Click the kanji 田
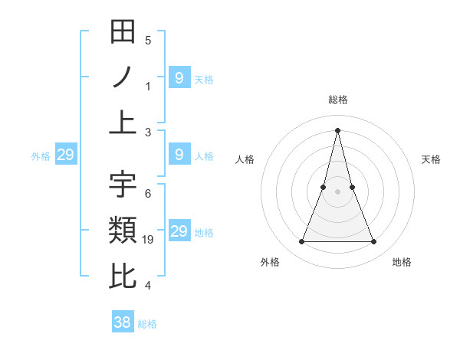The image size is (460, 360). click(123, 32)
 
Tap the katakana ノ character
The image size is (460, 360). click(123, 77)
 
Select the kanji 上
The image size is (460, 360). click(123, 123)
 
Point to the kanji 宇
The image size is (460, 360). click(123, 185)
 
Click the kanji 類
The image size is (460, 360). click(123, 231)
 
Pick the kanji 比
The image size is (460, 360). click(123, 276)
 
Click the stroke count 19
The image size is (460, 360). click(149, 240)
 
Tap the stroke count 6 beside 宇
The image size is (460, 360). click(148, 194)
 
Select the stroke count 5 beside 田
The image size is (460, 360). click(148, 41)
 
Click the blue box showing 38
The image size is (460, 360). click(123, 322)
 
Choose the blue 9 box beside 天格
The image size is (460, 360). click(179, 77)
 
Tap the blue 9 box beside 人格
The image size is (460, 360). click(179, 155)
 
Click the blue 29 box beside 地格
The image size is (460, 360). click(179, 231)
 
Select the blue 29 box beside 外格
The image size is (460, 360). click(65, 155)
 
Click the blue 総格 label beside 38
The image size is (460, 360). click(147, 324)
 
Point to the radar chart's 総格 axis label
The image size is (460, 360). click(337, 100)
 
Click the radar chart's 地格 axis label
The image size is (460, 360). click(402, 262)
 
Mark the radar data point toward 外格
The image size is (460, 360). click(301, 242)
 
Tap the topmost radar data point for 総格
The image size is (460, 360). click(337, 129)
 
